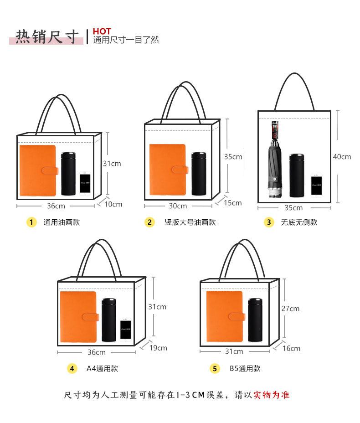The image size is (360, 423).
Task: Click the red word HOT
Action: click(102, 31)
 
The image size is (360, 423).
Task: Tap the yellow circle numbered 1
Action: click(31, 222)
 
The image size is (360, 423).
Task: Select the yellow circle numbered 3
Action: click(269, 222)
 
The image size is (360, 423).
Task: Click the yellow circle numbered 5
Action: click(215, 368)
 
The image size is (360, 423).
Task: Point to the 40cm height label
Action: click(342, 156)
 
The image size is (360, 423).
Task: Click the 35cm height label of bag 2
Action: click(233, 156)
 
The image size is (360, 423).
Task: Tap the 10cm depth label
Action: click(113, 204)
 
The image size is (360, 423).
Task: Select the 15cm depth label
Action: click(232, 202)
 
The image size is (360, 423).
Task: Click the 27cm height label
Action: click(290, 308)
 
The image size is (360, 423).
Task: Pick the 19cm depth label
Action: click(158, 348)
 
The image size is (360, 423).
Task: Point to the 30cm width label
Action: click(178, 206)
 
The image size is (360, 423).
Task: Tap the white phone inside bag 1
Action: click(85, 183)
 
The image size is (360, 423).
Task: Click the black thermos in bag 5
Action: click(255, 320)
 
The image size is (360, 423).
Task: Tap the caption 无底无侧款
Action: click(299, 222)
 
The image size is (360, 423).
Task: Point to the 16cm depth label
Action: click(291, 348)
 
